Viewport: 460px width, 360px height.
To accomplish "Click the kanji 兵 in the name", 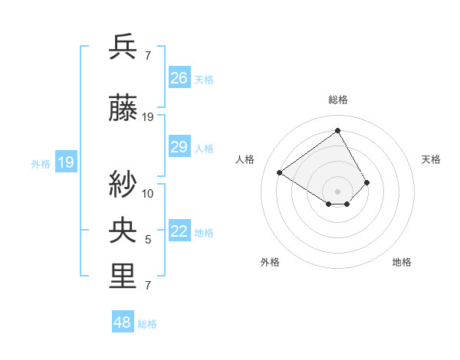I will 123,47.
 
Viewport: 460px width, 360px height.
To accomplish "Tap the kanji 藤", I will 123,110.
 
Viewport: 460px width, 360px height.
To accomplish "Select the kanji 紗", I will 123,184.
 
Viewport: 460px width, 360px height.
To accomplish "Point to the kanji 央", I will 123,231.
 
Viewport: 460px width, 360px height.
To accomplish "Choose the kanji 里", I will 123,277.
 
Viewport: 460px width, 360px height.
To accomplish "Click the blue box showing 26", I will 179,78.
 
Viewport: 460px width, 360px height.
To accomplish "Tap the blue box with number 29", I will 179,147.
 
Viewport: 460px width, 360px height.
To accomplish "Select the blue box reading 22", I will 179,231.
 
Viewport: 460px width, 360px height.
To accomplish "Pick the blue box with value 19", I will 66,162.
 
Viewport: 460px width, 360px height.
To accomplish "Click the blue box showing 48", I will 123,322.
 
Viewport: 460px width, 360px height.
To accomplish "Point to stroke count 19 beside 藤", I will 148,117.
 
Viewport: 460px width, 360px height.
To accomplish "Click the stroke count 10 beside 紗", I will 148,193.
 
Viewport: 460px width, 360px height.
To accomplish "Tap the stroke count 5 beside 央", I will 148,240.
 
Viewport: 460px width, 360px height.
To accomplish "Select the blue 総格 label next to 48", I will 147,324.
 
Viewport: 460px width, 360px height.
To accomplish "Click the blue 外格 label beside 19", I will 41,163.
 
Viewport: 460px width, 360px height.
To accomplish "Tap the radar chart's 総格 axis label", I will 338,100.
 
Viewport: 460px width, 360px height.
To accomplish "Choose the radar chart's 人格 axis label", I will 245,159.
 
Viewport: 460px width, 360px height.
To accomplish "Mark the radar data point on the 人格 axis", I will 280,172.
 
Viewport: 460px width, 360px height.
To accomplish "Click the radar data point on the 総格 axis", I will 338,131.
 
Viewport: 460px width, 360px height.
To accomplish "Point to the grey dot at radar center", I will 338,190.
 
